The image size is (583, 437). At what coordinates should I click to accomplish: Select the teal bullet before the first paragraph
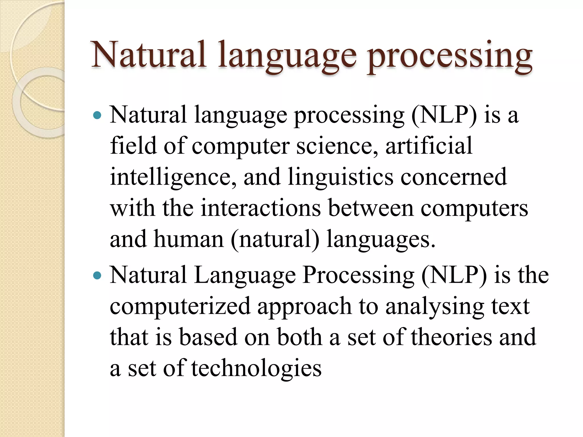point(97,115)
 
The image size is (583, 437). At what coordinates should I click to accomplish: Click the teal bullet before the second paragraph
point(97,275)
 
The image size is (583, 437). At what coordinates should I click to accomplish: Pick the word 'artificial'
point(429,145)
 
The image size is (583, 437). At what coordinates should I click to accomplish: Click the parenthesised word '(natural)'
point(275,240)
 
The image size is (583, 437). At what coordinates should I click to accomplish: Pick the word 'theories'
point(451,337)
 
